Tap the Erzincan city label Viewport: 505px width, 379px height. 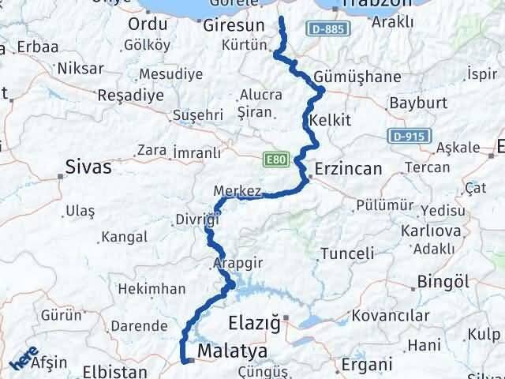pos(348,168)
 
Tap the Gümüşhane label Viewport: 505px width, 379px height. pos(357,77)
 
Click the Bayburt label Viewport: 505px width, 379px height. pos(419,103)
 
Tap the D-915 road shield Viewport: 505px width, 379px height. pos(408,136)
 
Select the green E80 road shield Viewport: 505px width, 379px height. pos(272,159)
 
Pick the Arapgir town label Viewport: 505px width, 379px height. pos(234,262)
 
